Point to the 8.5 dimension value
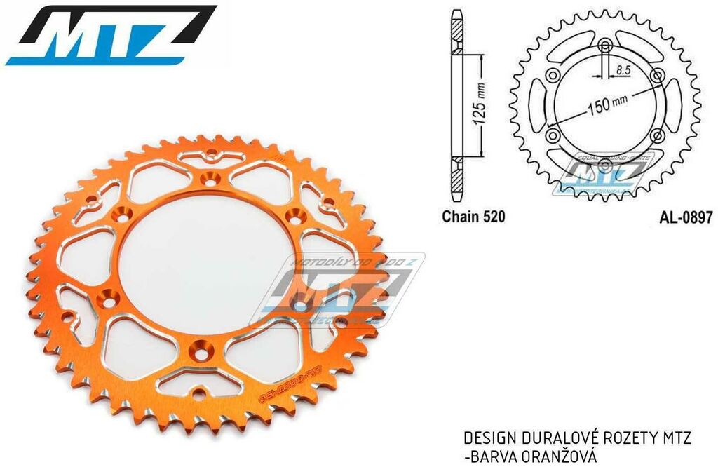click(622, 70)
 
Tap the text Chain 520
click(473, 217)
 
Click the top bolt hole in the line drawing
click(606, 48)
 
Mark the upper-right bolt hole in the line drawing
click(657, 75)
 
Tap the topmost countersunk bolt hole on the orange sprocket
click(208, 178)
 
